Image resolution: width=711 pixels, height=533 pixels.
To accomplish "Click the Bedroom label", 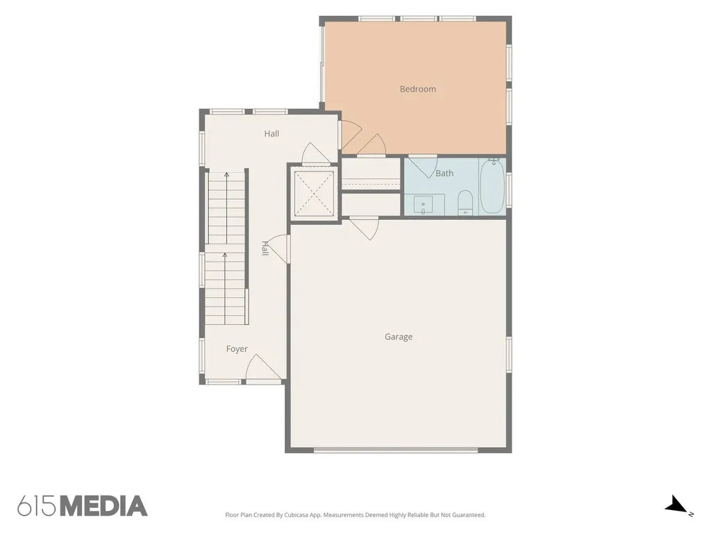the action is point(417,90).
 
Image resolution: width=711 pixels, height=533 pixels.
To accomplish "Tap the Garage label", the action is point(399,337).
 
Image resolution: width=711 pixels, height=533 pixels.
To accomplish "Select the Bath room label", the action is point(444,173).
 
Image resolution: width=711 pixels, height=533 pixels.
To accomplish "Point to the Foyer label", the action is point(237,349).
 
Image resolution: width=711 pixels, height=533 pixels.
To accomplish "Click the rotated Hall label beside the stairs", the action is point(265,248).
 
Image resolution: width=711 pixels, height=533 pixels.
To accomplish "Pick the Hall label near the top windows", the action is point(271,134).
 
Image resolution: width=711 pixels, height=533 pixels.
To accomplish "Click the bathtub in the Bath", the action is point(492,185).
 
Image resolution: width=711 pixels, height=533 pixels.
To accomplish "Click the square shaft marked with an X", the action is point(315,194).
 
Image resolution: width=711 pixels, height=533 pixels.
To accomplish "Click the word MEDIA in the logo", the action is point(104,506).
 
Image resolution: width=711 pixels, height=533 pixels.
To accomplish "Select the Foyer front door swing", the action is point(263,368).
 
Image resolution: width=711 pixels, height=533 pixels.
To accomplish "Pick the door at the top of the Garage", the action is point(364,228).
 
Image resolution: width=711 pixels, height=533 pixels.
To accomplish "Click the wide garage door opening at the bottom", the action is point(396,450).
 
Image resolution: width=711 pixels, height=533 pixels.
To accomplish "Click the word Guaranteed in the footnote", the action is point(469,515).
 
